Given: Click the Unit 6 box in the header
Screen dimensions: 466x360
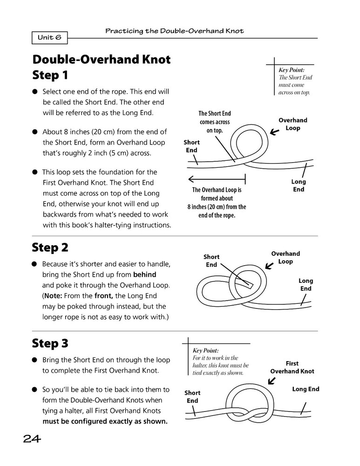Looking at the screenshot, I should [x=50, y=38].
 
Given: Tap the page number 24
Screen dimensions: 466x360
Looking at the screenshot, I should [x=31, y=438].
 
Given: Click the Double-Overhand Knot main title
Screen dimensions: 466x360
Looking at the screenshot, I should [x=101, y=60].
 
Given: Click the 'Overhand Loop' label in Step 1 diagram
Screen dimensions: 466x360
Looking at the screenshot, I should [x=292, y=124].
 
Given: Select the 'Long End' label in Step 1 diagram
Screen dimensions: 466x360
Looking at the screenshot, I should [x=299, y=185].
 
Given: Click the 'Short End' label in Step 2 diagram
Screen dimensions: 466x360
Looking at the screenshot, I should [x=211, y=260].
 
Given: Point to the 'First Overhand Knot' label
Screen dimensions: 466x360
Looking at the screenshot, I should [x=292, y=367].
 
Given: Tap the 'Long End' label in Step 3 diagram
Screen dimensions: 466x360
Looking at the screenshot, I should [x=306, y=389].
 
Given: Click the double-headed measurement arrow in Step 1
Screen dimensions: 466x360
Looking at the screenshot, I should [x=217, y=178].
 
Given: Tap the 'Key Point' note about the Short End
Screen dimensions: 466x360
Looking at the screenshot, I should [x=294, y=81].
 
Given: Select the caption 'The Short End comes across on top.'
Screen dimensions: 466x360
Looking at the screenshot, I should [x=215, y=122].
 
